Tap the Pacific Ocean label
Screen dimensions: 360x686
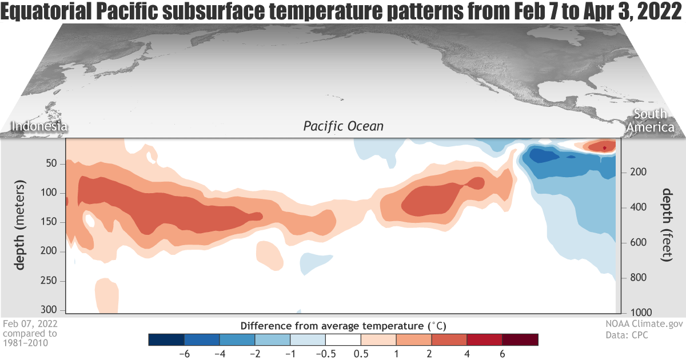343,126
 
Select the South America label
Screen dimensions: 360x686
650,121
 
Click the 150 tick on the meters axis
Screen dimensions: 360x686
49,222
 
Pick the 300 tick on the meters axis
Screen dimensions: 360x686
49,310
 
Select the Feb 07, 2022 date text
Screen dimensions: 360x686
30,324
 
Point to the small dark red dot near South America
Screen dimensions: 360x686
604,148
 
